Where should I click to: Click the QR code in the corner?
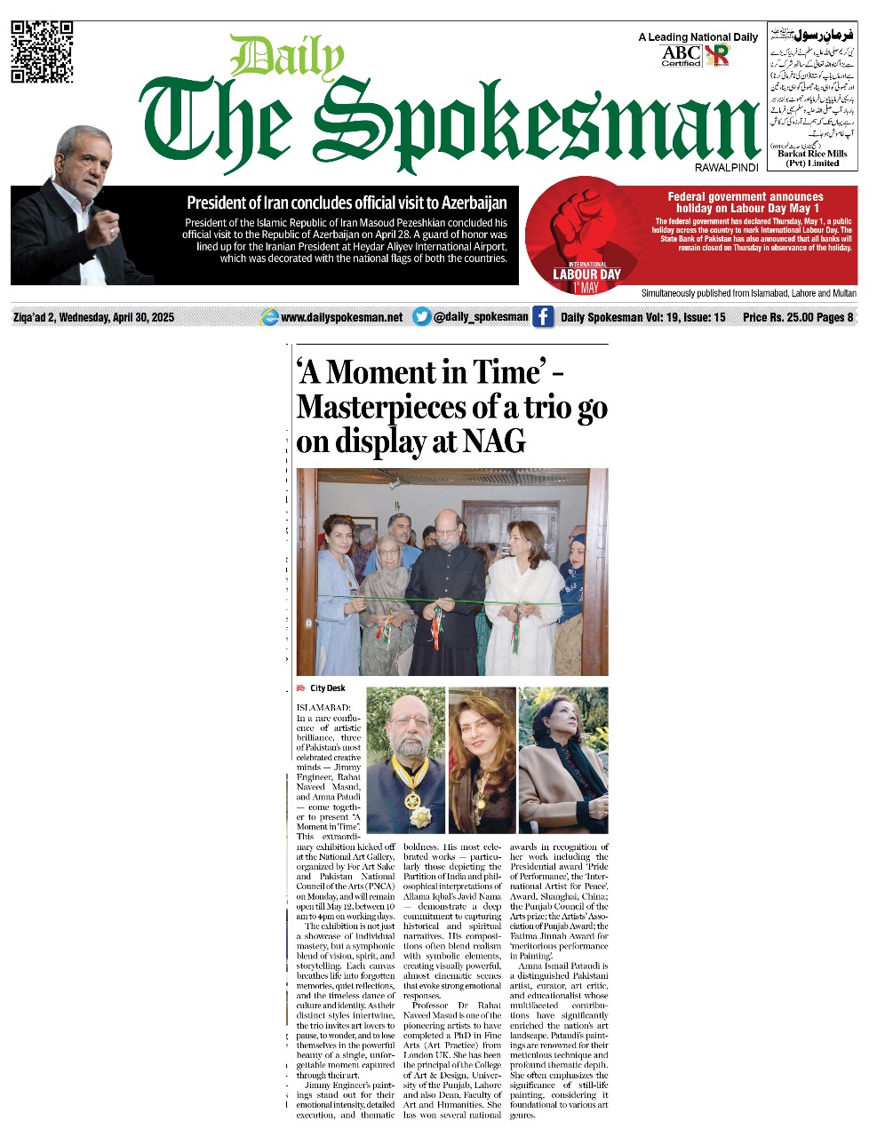[x=41, y=52]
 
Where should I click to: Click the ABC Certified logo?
[x=682, y=56]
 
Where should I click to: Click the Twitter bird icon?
[x=422, y=317]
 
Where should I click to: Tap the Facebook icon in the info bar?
[x=543, y=317]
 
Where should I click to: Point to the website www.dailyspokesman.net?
[x=341, y=317]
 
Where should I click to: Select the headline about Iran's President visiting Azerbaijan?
[x=347, y=203]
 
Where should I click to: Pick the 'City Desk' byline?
[x=327, y=688]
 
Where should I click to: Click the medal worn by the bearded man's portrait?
[x=412, y=800]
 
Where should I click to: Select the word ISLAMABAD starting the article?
[x=323, y=707]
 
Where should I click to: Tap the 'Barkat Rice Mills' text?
[x=812, y=154]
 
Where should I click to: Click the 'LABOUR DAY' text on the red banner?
[x=586, y=274]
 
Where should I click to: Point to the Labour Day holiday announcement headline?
[x=745, y=203]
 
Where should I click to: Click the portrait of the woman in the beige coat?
[x=563, y=759]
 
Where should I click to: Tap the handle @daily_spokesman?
[x=480, y=317]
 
